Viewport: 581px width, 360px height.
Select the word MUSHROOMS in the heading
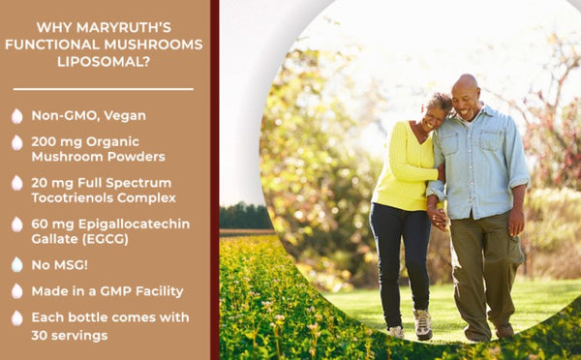pyautogui.click(x=159, y=45)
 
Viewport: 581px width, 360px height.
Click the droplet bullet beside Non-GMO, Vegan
pyautogui.click(x=16, y=116)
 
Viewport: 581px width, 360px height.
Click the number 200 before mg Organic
pyautogui.click(x=45, y=141)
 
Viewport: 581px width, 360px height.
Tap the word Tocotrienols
pyautogui.click(x=76, y=197)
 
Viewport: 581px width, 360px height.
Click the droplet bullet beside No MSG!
pyautogui.click(x=16, y=264)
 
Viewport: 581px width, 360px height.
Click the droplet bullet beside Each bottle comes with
pyautogui.click(x=16, y=317)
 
